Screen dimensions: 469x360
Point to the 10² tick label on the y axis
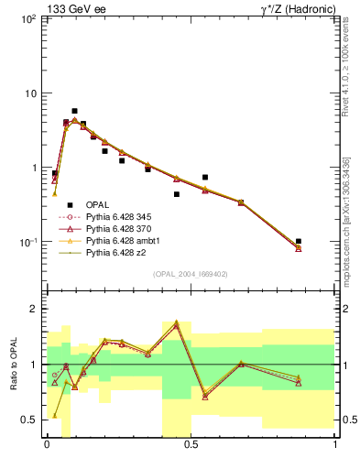[x=27, y=19]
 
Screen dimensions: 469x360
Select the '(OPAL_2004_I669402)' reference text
[x=190, y=273]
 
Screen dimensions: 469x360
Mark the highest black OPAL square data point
[x=74, y=111]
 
